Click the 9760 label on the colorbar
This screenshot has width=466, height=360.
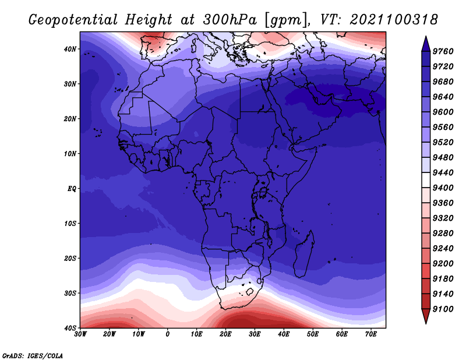click(x=443, y=51)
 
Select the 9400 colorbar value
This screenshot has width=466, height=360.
click(x=443, y=188)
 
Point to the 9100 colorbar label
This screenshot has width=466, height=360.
click(x=443, y=309)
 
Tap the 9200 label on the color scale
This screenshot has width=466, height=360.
click(x=443, y=263)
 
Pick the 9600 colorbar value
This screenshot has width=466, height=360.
click(x=443, y=112)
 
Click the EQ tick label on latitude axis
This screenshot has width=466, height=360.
click(x=72, y=189)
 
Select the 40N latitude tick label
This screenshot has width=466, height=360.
click(x=70, y=49)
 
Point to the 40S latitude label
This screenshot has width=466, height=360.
click(x=70, y=328)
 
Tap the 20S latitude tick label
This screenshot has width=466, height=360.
click(x=70, y=258)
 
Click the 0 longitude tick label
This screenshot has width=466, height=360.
click(x=168, y=334)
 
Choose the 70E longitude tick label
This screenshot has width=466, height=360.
click(x=371, y=334)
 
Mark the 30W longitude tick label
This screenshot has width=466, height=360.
click(x=80, y=334)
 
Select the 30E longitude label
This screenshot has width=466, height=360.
click(x=255, y=334)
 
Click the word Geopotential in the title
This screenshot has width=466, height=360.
click(x=73, y=20)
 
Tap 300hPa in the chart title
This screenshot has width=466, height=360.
click(x=230, y=20)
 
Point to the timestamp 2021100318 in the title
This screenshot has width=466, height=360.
click(x=394, y=20)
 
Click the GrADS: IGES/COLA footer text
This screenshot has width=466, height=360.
click(x=33, y=356)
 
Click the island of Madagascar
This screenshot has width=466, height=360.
click(x=305, y=254)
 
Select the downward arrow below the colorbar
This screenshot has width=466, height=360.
click(x=426, y=316)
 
